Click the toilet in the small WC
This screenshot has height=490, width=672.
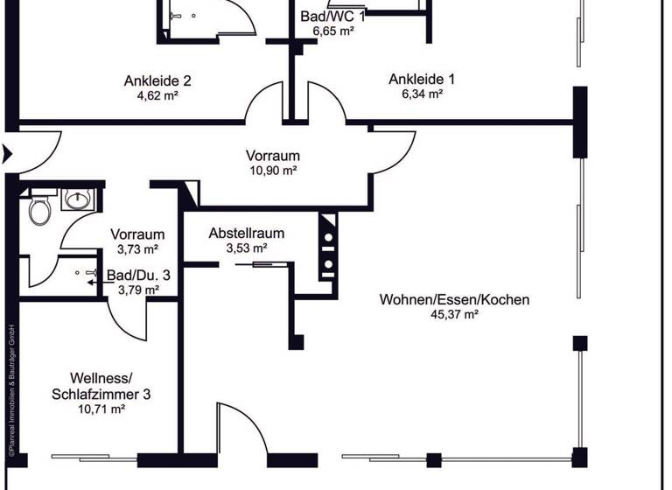[x=39, y=211]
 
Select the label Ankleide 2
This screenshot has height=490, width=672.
[x=157, y=81]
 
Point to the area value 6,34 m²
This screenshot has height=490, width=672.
[x=421, y=94]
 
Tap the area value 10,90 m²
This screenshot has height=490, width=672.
[x=273, y=171]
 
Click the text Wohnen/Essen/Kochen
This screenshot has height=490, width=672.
[x=454, y=300]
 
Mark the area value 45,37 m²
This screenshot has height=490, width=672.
[x=454, y=315]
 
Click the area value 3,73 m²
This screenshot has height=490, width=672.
[x=137, y=249]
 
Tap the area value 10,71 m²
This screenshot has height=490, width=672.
[x=102, y=409]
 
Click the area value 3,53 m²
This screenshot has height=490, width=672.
[x=246, y=248]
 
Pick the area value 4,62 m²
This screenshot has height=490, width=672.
[x=157, y=96]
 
